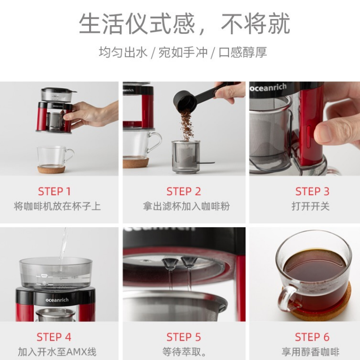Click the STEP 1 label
54,192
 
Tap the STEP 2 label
184,192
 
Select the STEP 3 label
312,192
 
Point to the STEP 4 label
54,337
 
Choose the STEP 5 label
184,337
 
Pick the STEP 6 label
312,337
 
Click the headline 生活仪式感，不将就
184,24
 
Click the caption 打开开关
310,206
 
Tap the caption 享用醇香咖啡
310,352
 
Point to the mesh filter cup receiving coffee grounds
185,157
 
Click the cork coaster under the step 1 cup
51,170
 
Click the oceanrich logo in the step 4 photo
57,300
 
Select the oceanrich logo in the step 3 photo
268,87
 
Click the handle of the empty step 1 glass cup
69,155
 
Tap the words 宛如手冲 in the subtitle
183,52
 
